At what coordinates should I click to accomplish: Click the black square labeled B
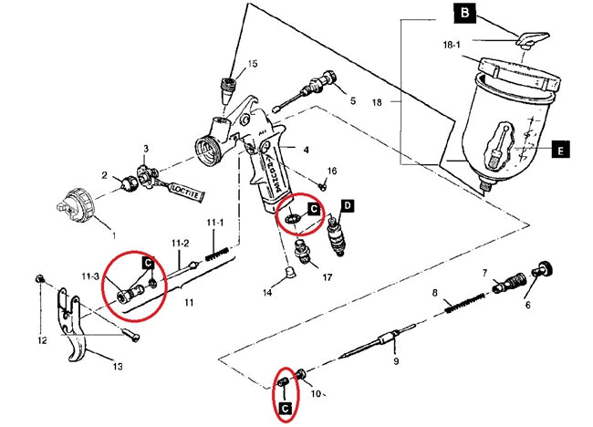point(466,13)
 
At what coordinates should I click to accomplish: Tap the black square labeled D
point(348,206)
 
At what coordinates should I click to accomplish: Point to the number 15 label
point(253,63)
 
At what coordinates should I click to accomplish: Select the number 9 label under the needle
point(395,361)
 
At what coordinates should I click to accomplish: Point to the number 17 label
point(326,276)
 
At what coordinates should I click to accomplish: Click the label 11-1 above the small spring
point(214,222)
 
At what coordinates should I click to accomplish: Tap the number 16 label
point(331,171)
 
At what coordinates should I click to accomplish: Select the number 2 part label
point(105,175)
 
